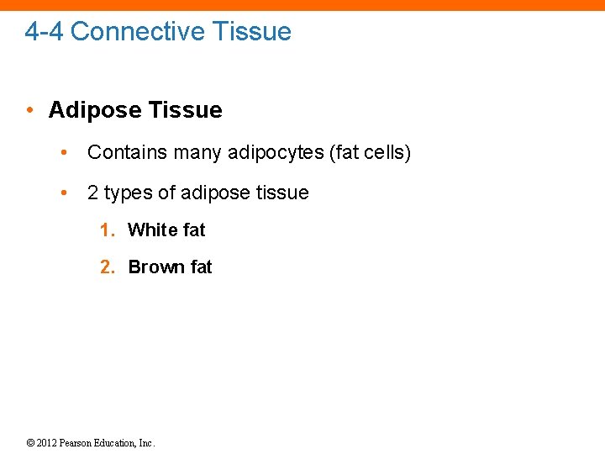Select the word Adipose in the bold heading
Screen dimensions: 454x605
[x=94, y=110]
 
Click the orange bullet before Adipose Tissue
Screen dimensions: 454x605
[x=29, y=110]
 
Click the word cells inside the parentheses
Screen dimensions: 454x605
[x=384, y=152]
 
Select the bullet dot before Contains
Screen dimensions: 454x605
[x=65, y=152]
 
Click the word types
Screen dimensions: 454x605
[x=128, y=193]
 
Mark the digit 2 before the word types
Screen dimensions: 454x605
[x=92, y=193]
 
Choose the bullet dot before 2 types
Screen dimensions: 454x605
[x=65, y=193]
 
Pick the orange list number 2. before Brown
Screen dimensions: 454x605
[x=108, y=267]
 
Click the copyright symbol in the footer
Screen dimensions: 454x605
[x=29, y=443]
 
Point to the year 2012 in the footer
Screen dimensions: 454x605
[x=47, y=443]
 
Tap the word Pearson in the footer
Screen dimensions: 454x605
[x=78, y=443]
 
